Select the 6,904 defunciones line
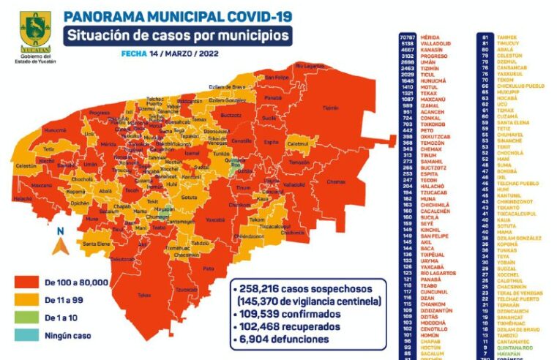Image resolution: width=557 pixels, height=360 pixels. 279,339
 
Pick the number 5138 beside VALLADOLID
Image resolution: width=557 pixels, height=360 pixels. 406,43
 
